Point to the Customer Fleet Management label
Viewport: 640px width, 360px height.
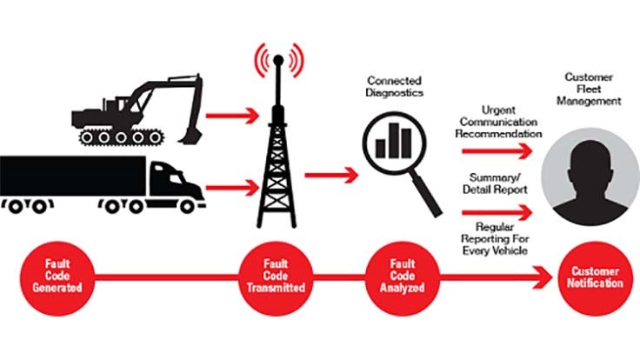pyautogui.click(x=591, y=90)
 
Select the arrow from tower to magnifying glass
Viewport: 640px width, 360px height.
pyautogui.click(x=330, y=174)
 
